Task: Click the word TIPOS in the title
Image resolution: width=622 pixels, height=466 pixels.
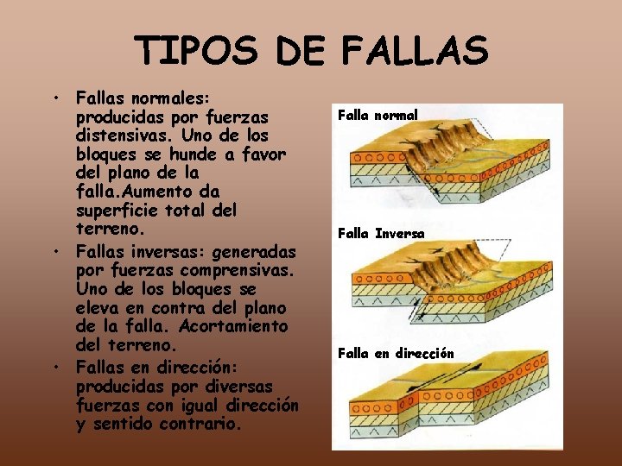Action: pos(196,51)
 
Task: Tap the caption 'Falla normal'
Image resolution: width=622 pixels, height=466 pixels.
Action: pos(377,115)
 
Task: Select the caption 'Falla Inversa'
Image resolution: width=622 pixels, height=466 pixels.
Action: pos(381,233)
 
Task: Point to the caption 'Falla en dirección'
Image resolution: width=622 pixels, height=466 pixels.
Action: pos(396,353)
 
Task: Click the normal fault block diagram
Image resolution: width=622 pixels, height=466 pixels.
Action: pos(447,168)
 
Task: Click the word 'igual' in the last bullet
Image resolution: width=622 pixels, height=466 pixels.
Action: pos(200,405)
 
